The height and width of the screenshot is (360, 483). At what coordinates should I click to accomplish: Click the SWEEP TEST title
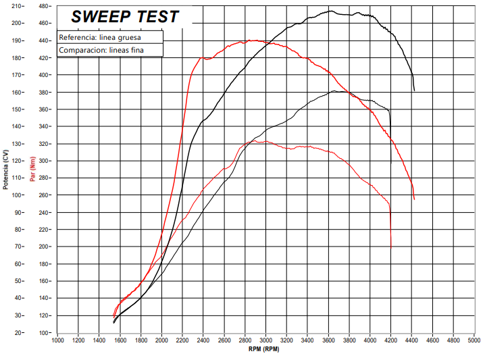click(x=125, y=16)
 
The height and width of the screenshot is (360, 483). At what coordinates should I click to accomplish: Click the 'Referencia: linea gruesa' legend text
click(x=100, y=37)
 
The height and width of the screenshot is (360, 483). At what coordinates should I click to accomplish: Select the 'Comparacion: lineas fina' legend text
click(x=101, y=50)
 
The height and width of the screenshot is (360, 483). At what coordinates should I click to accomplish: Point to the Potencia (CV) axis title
click(x=5, y=168)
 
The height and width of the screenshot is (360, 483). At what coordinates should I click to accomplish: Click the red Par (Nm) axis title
click(x=32, y=169)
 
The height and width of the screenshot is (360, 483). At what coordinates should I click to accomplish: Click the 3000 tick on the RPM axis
click(x=265, y=340)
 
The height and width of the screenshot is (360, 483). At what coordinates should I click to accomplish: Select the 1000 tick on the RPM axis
click(x=57, y=340)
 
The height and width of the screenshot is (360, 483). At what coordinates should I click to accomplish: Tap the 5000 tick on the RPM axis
click(x=474, y=340)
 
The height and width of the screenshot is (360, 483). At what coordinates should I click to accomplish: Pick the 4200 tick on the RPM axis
click(x=390, y=340)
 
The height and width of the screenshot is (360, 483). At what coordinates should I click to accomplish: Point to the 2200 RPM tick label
click(x=182, y=340)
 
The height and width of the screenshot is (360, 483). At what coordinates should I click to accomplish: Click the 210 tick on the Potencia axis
click(x=18, y=6)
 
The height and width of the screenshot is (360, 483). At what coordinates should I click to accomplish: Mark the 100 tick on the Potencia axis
click(x=18, y=195)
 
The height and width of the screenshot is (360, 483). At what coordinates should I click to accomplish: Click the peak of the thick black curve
click(x=331, y=11)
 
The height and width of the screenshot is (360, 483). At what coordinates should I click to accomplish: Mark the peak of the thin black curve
click(x=335, y=91)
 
